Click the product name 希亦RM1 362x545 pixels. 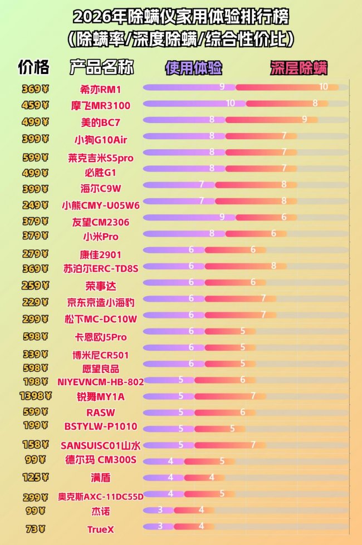click(x=101, y=89)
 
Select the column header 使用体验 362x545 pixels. click(x=193, y=68)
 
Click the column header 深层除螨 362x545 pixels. click(x=299, y=68)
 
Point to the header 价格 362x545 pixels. click(x=34, y=67)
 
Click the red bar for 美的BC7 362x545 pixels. click(x=272, y=120)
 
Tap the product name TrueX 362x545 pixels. click(x=101, y=529)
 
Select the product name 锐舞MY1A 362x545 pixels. click(x=101, y=397)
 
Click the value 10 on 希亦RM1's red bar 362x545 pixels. click(x=324, y=87)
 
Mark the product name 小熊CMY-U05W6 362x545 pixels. click(x=101, y=205)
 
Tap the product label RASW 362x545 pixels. click(x=101, y=413)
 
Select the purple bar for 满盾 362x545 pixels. click(x=159, y=478)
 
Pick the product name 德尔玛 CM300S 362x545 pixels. click(x=101, y=460)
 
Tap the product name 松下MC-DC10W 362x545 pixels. click(x=101, y=319)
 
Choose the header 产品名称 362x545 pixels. click(x=101, y=67)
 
